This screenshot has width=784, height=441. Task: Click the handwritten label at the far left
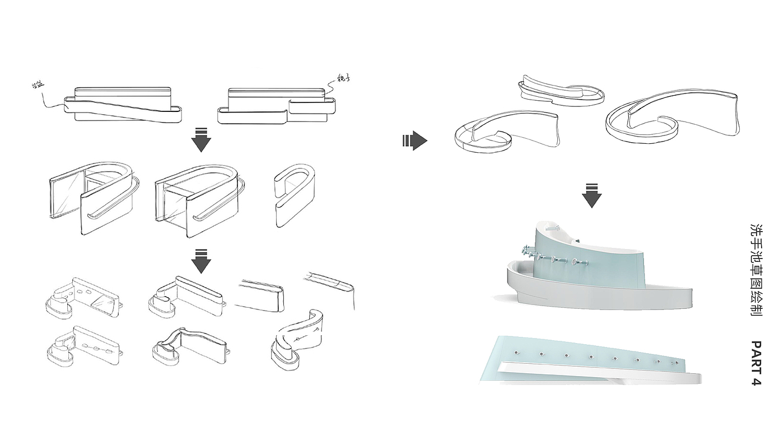click(x=38, y=85)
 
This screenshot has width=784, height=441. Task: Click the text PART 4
click(x=756, y=363)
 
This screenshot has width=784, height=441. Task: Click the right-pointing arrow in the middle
click(x=414, y=140)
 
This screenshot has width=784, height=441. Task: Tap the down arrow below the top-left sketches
click(x=201, y=140)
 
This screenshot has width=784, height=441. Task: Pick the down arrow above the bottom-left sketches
click(x=201, y=261)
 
